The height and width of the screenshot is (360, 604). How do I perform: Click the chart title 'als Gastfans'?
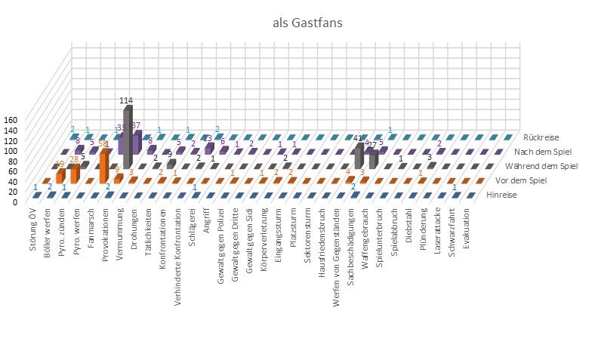pyautogui.click(x=307, y=23)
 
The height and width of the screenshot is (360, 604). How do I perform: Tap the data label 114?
pyautogui.click(x=128, y=100)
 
